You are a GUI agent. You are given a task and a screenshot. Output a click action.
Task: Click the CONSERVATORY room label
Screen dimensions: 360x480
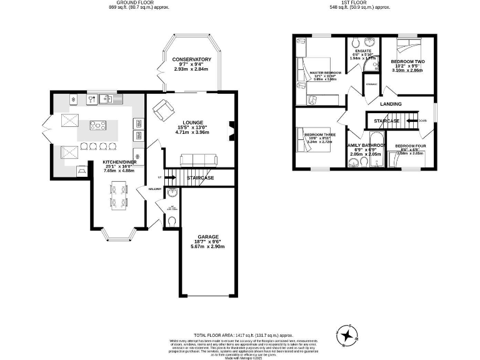pos(192,59)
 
